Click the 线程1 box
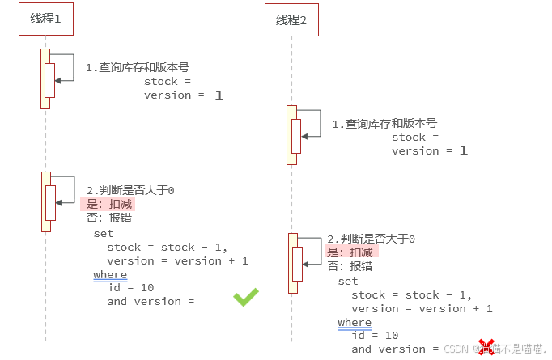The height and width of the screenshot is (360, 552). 45,19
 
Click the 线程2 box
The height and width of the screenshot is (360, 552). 291,19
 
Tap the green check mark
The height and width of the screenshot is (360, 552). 246,297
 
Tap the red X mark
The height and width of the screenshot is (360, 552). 486,347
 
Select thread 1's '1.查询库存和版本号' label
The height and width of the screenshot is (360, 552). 138,68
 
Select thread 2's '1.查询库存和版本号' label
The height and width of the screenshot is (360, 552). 384,124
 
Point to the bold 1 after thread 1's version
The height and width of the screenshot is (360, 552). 219,95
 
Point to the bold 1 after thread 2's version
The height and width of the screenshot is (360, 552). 464,150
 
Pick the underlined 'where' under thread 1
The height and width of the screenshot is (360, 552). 110,275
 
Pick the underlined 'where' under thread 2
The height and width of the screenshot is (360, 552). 355,323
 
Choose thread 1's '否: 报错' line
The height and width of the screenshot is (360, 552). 109,218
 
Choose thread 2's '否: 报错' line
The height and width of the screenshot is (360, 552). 350,265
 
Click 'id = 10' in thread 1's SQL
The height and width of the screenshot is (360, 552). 130,287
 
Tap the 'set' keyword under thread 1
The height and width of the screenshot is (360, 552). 104,233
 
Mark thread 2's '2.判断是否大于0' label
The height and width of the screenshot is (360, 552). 371,239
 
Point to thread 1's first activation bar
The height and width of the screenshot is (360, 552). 45,78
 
